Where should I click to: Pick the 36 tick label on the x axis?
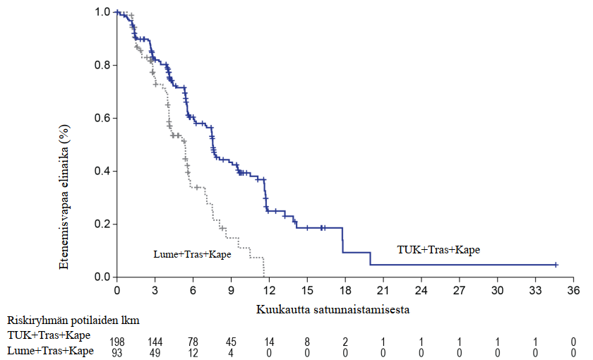click(x=573, y=290)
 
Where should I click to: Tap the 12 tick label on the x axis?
click(x=269, y=290)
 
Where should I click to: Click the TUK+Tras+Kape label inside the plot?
click(x=438, y=249)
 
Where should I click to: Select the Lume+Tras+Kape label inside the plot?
click(x=192, y=253)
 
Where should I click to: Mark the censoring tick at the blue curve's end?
click(x=556, y=265)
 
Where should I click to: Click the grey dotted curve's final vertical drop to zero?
click(x=263, y=268)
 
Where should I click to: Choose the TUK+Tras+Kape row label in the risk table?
click(x=49, y=337)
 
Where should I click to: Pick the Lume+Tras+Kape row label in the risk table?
click(x=50, y=351)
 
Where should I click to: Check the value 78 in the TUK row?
click(x=193, y=342)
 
